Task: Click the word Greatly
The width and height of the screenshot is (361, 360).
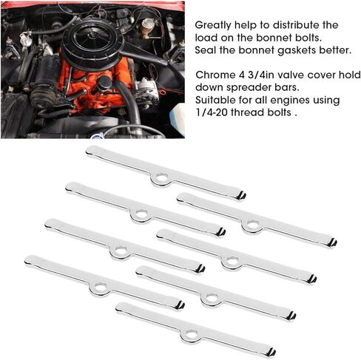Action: pos(213,25)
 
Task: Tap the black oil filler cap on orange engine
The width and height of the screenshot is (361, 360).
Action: pos(104,83)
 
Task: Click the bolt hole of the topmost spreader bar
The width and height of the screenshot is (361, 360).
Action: pos(161,177)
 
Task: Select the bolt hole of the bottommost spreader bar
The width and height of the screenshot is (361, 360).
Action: pos(190,334)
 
